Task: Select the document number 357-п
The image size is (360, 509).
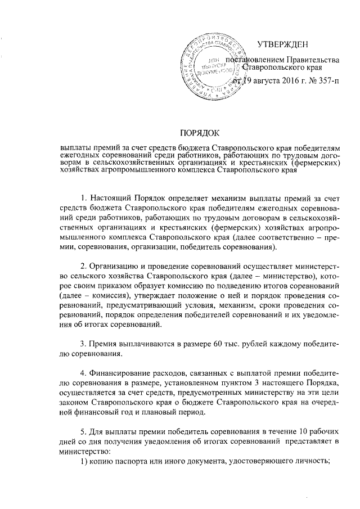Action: pyautogui.click(x=327, y=82)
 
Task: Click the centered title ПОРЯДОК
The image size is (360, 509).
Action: pyautogui.click(x=199, y=133)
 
